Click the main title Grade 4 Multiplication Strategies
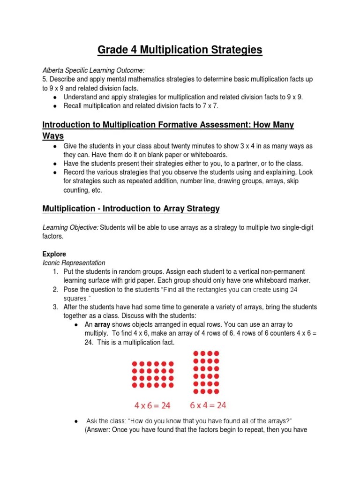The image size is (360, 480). (180, 50)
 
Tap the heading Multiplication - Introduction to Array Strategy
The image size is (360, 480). (131, 208)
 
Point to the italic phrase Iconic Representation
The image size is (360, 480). (74, 263)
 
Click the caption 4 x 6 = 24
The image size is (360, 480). (153, 404)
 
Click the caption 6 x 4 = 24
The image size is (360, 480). (208, 404)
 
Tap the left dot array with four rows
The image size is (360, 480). (153, 374)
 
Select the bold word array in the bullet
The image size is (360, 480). (102, 325)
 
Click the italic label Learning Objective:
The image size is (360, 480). (71, 227)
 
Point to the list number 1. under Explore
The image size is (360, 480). (55, 272)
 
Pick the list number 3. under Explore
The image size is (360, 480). (55, 307)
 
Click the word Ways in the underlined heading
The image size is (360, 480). (53, 135)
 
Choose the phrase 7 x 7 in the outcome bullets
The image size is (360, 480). (209, 106)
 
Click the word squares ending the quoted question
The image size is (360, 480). (75, 298)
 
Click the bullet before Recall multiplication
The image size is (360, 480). (55, 106)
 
